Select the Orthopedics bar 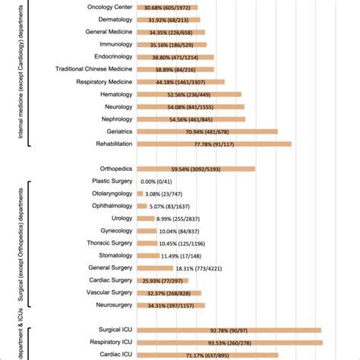(x=194, y=169)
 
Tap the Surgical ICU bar (x=228, y=330)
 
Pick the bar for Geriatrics (x=206, y=131)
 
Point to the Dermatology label (x=110, y=19)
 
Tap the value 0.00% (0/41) (x=156, y=181)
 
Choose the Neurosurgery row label (x=110, y=305)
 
